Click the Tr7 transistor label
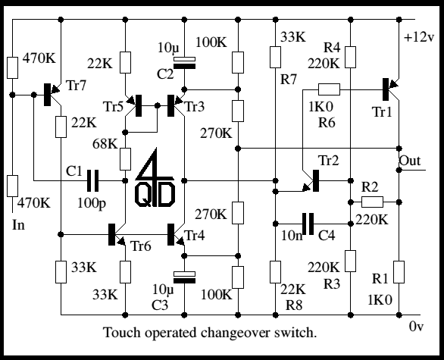tap(76, 85)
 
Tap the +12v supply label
tap(418, 37)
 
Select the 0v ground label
tap(416, 327)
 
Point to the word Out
tap(410, 161)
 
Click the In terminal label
tap(18, 225)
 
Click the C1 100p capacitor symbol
tap(92, 180)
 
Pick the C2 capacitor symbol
tap(184, 63)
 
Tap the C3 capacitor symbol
tap(184, 277)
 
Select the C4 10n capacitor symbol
tap(308, 224)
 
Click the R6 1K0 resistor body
tap(329, 89)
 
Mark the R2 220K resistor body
tap(372, 202)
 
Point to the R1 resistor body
tap(399, 272)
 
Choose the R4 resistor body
tap(350, 57)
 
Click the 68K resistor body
tap(125, 159)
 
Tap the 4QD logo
tap(155, 178)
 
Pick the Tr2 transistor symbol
tap(311, 181)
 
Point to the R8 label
tap(294, 305)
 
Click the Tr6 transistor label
tap(141, 246)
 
